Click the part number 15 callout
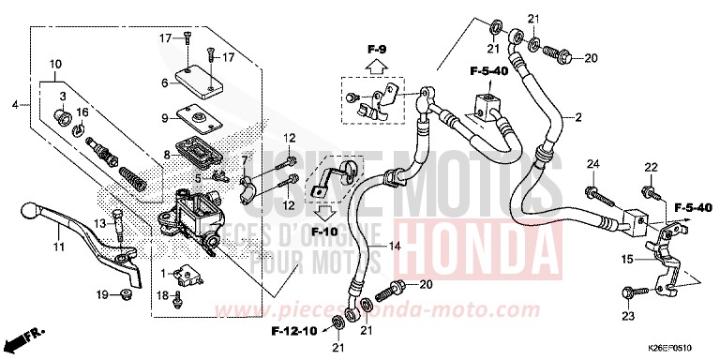(x=626, y=257)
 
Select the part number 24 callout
(x=592, y=165)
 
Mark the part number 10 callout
(x=55, y=65)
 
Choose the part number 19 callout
(x=103, y=296)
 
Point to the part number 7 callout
(x=245, y=163)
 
